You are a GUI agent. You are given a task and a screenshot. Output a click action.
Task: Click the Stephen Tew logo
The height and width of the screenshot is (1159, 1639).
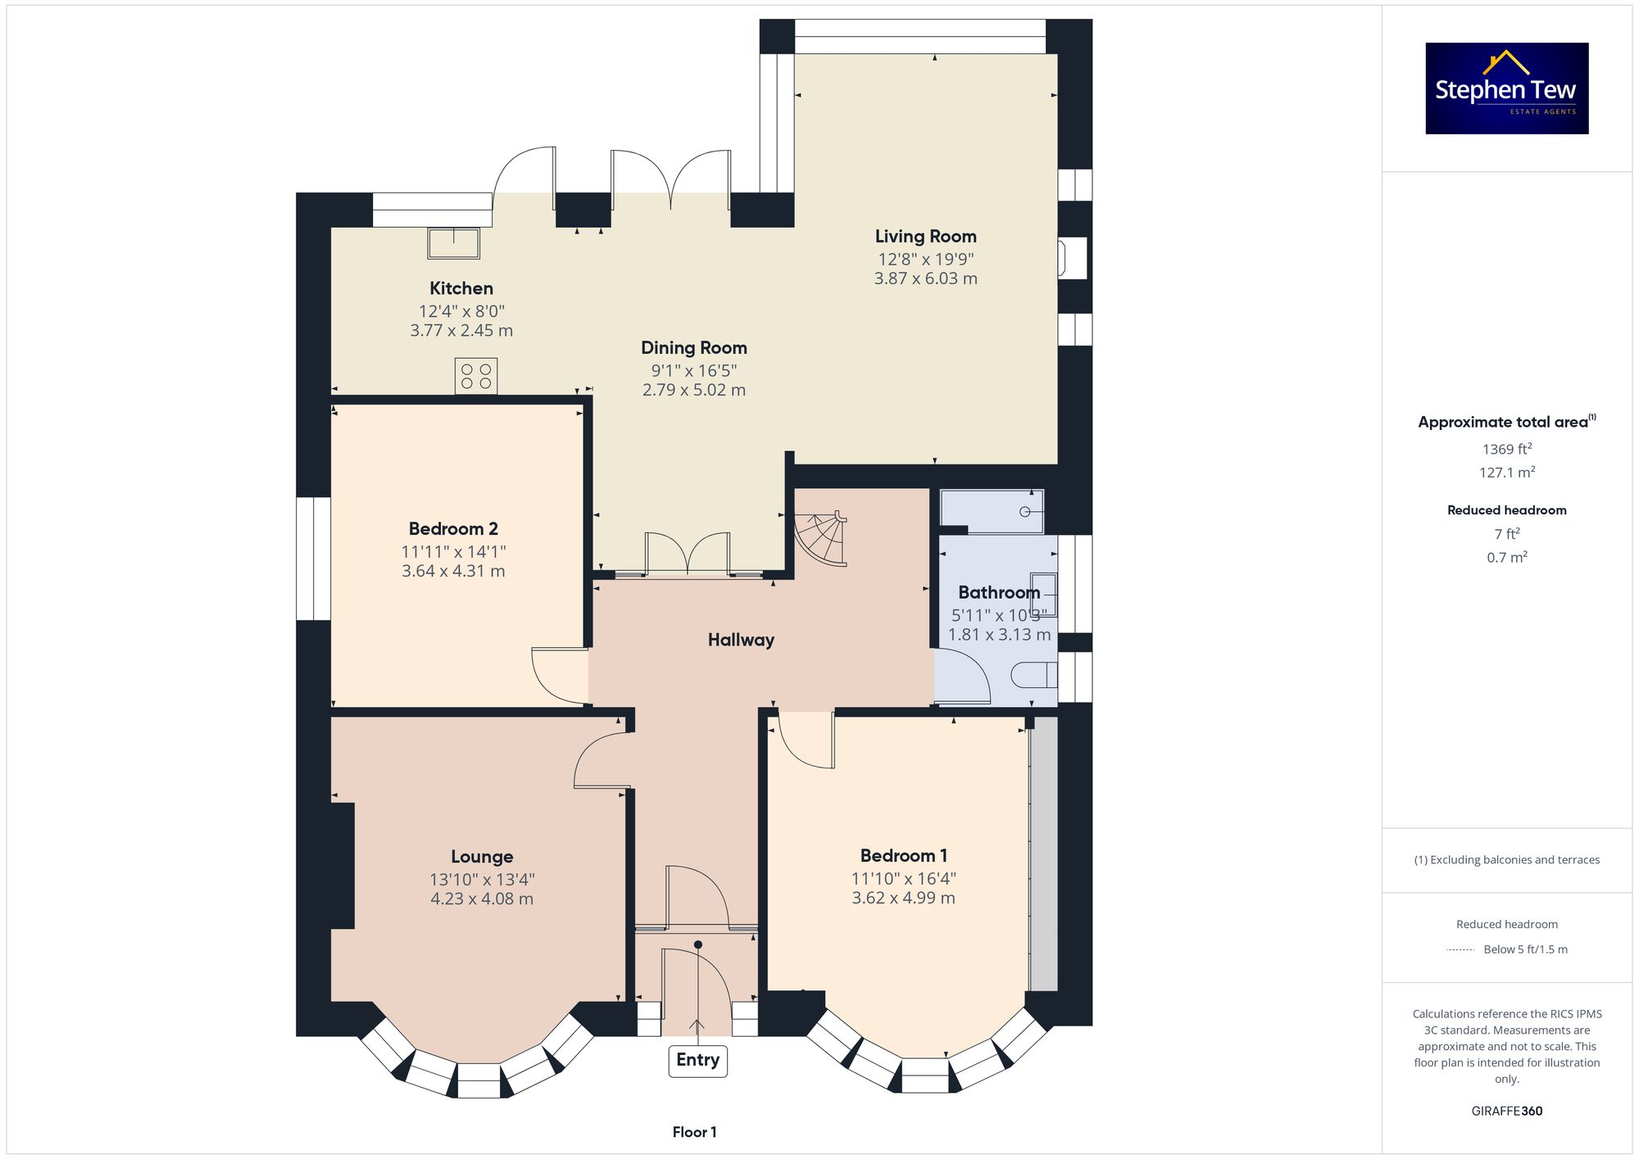pos(1506,88)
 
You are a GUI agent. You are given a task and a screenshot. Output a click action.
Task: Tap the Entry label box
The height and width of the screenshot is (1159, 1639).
pos(697,1060)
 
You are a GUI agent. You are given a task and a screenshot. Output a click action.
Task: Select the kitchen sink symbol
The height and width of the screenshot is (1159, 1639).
pos(453,243)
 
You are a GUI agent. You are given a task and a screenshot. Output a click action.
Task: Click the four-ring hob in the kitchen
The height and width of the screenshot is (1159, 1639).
pos(476,376)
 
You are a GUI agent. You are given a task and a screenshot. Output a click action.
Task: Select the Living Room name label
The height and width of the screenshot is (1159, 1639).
pos(925,237)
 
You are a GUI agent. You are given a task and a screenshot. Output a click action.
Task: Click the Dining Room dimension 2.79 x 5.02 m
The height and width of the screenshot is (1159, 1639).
pos(693,390)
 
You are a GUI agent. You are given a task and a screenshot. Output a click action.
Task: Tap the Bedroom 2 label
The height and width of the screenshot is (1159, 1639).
pos(453,529)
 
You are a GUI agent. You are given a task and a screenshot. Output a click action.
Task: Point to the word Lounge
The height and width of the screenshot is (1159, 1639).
pos(482,857)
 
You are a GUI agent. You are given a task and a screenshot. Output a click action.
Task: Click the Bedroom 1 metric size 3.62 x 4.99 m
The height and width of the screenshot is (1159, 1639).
pos(903,898)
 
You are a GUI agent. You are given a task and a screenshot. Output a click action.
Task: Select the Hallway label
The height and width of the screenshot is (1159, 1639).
pos(741,640)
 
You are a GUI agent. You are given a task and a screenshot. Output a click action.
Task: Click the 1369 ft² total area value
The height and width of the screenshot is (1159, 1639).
pos(1506,449)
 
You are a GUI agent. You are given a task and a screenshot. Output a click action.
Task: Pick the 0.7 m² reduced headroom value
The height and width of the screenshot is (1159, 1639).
pos(1506,557)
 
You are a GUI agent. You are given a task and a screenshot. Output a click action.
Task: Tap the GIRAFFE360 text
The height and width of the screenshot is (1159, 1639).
pos(1506,1111)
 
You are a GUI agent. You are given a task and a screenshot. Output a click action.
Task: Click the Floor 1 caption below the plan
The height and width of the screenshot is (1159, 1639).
pos(694,1132)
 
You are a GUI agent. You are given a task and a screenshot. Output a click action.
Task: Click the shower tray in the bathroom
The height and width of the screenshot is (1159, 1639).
pos(992,510)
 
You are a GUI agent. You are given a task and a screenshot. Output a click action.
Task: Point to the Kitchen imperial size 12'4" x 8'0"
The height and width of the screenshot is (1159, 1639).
pos(461,311)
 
